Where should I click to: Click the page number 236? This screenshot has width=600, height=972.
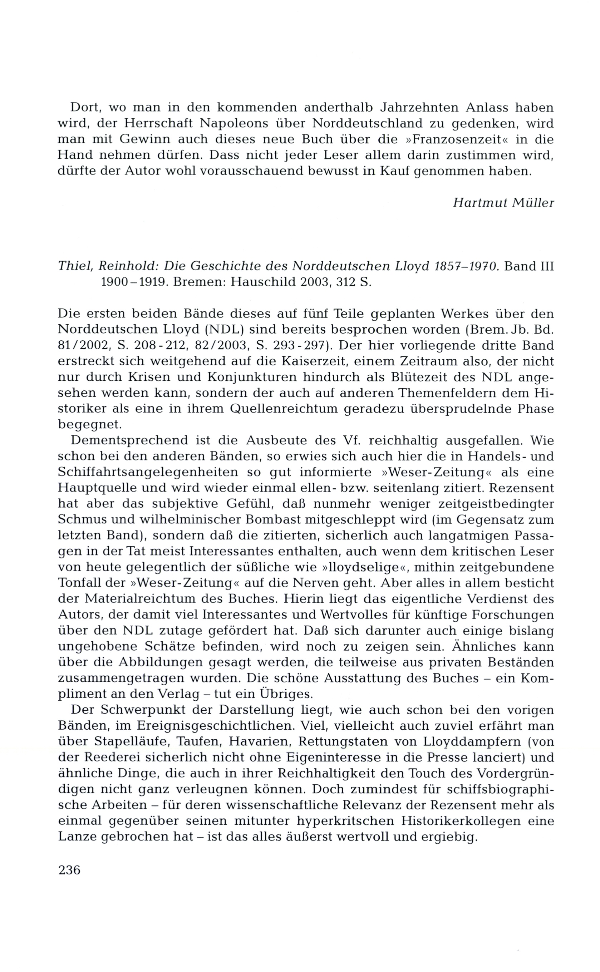69,870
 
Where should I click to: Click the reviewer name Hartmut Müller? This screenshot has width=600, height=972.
503,203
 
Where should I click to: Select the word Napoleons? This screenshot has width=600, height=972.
232,123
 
